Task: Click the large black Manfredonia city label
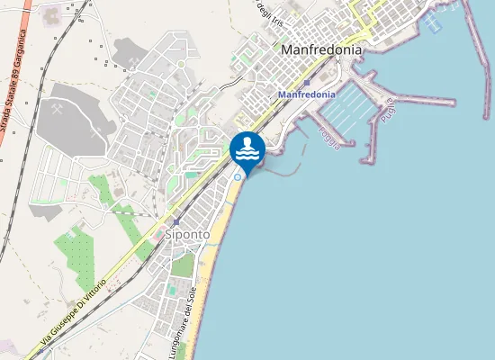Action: tap(321, 50)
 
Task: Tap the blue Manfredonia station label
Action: tap(307, 94)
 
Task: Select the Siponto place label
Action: tap(187, 234)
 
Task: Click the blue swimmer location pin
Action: tap(247, 149)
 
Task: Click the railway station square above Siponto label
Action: tap(176, 220)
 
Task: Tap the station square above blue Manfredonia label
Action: tap(307, 82)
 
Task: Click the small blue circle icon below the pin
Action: tap(238, 176)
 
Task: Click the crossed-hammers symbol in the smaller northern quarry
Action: tap(132, 61)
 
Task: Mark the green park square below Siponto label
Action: tap(184, 265)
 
